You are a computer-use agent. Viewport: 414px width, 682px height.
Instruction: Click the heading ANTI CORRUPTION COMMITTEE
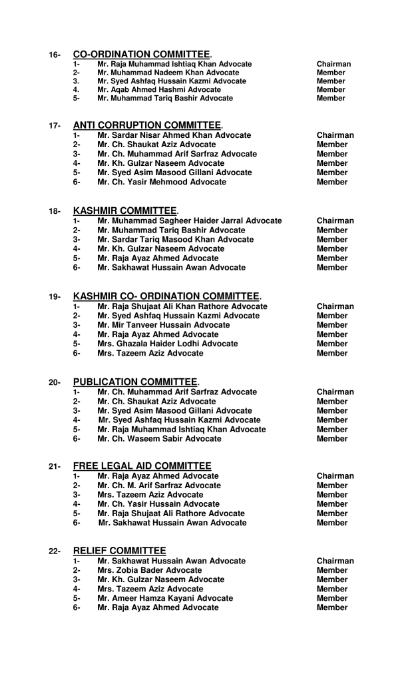point(147,125)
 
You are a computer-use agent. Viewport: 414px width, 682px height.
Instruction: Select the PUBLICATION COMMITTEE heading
point(136,382)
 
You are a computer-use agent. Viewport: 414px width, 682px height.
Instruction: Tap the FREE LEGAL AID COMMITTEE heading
point(142,466)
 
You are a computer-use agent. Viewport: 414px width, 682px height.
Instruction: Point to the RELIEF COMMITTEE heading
point(119,551)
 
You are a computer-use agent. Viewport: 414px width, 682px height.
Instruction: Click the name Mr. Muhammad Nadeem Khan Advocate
point(168,73)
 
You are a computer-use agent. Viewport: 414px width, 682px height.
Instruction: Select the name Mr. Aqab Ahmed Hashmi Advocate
point(159,89)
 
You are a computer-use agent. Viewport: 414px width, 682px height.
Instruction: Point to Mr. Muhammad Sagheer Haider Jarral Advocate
point(189,220)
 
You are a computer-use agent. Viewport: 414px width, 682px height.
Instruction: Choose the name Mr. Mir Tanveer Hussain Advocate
point(163,325)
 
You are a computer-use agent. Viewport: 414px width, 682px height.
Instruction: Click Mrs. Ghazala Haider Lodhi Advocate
point(167,344)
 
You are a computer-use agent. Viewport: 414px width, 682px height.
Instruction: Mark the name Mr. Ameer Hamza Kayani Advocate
point(165,598)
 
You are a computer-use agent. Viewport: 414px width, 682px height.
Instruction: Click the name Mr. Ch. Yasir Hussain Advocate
point(158,504)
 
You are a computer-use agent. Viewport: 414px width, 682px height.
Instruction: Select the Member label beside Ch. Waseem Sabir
point(332,439)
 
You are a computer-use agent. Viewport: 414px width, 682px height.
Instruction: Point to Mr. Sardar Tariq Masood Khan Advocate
point(175,239)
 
